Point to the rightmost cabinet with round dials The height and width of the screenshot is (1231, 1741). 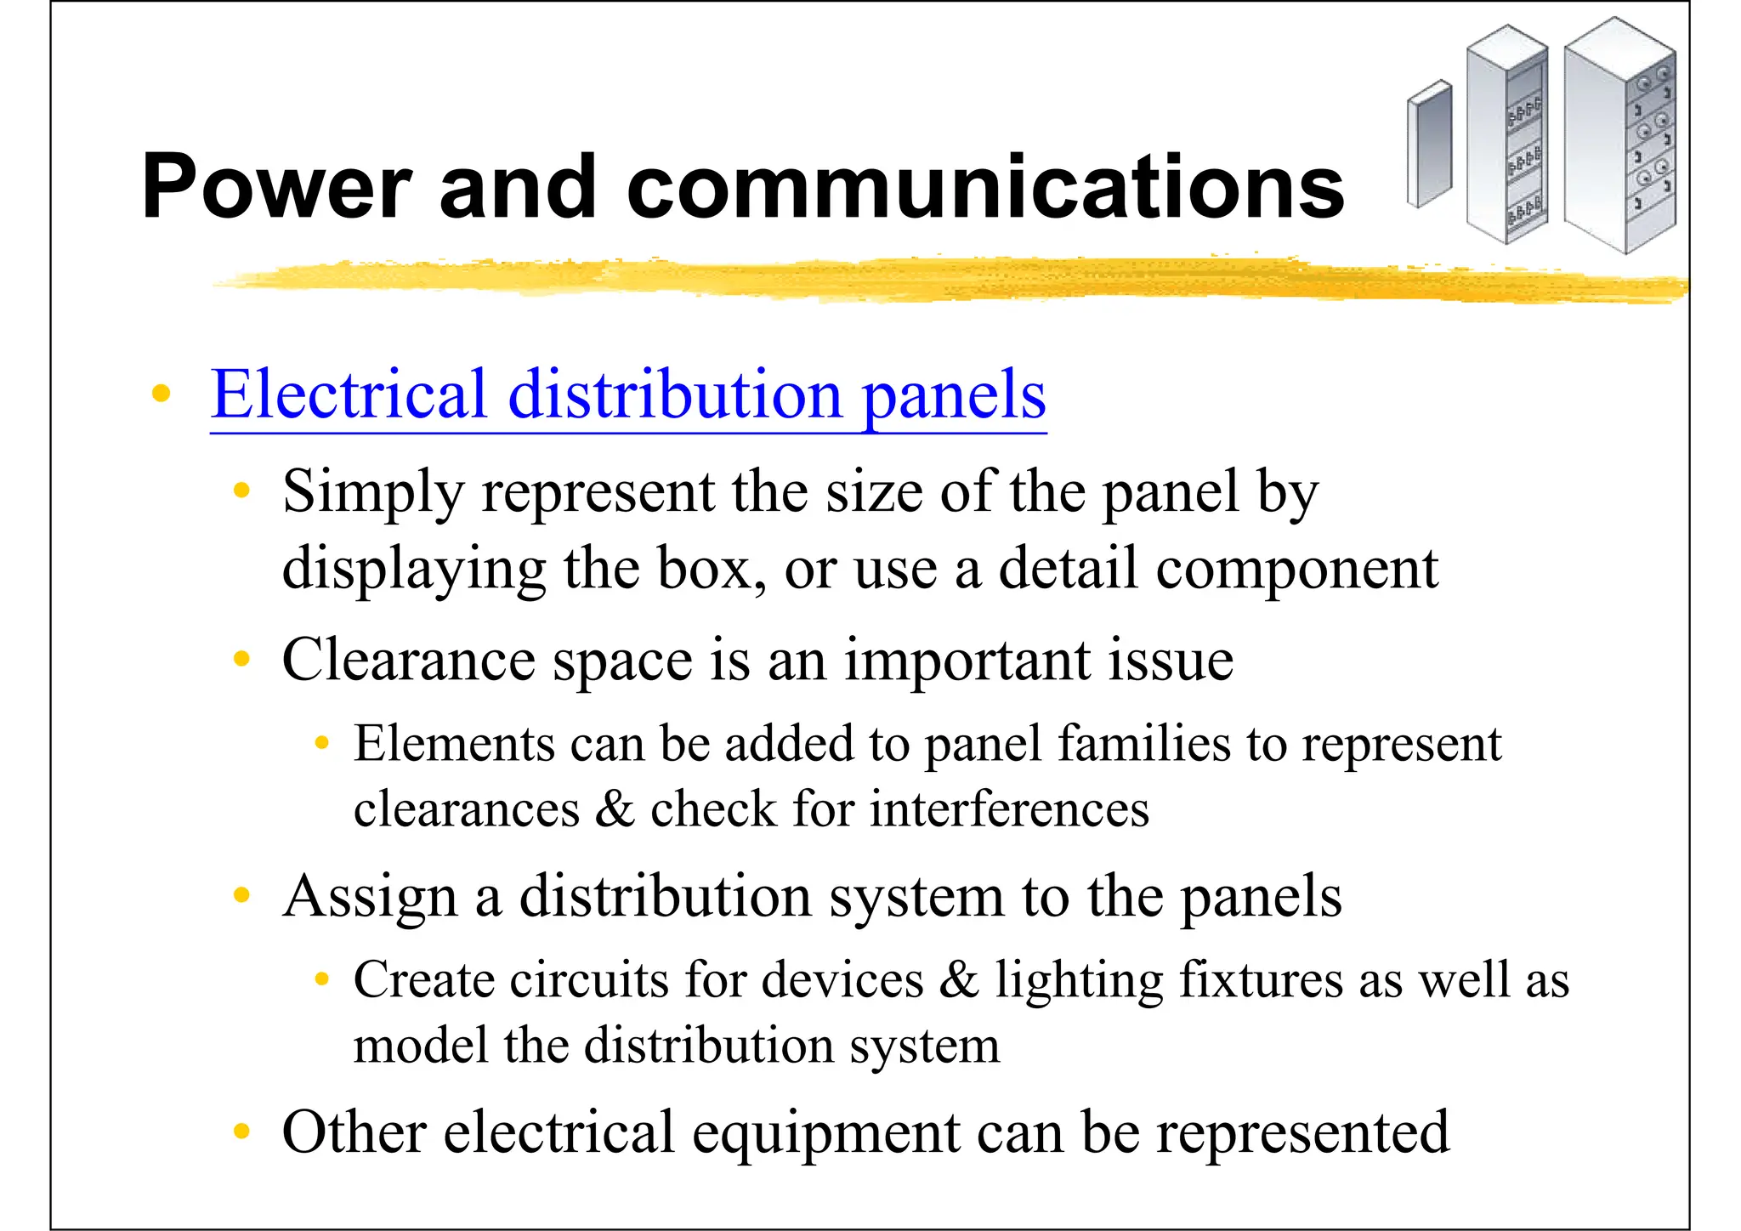[x=1620, y=136]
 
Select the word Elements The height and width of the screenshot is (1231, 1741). [x=454, y=744]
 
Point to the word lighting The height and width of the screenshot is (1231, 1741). [x=1079, y=981]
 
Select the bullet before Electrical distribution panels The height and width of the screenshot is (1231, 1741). [x=160, y=394]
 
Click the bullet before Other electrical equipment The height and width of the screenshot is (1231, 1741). [x=242, y=1131]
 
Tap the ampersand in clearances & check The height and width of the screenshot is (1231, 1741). [x=614, y=808]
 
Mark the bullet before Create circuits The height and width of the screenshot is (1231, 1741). [x=321, y=979]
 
